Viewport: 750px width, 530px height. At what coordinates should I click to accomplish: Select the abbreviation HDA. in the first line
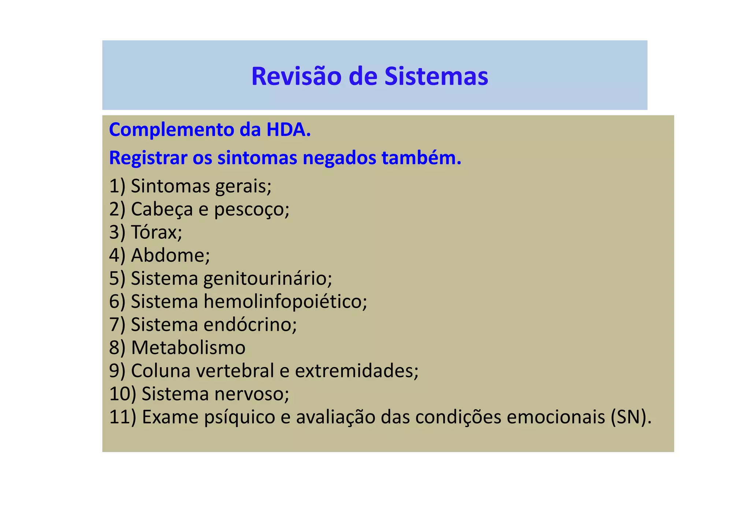point(286,130)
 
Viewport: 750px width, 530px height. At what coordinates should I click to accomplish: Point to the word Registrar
point(148,158)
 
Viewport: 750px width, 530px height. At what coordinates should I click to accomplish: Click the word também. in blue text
point(421,158)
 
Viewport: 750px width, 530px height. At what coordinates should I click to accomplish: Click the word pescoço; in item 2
point(252,210)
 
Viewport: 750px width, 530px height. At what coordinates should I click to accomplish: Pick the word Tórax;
point(156,232)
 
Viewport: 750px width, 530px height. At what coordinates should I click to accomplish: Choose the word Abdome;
point(170,255)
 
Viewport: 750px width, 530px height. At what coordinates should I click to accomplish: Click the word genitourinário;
point(268,278)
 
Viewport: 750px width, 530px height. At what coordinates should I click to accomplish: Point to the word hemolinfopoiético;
point(285,301)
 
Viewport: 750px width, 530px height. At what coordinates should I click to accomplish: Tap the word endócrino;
point(250,325)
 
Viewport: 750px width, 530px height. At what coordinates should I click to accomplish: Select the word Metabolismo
point(188,348)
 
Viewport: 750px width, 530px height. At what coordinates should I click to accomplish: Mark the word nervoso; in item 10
point(252,394)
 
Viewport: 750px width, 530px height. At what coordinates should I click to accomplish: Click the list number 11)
point(123,417)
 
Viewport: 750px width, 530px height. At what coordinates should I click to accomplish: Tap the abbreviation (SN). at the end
point(631,417)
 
